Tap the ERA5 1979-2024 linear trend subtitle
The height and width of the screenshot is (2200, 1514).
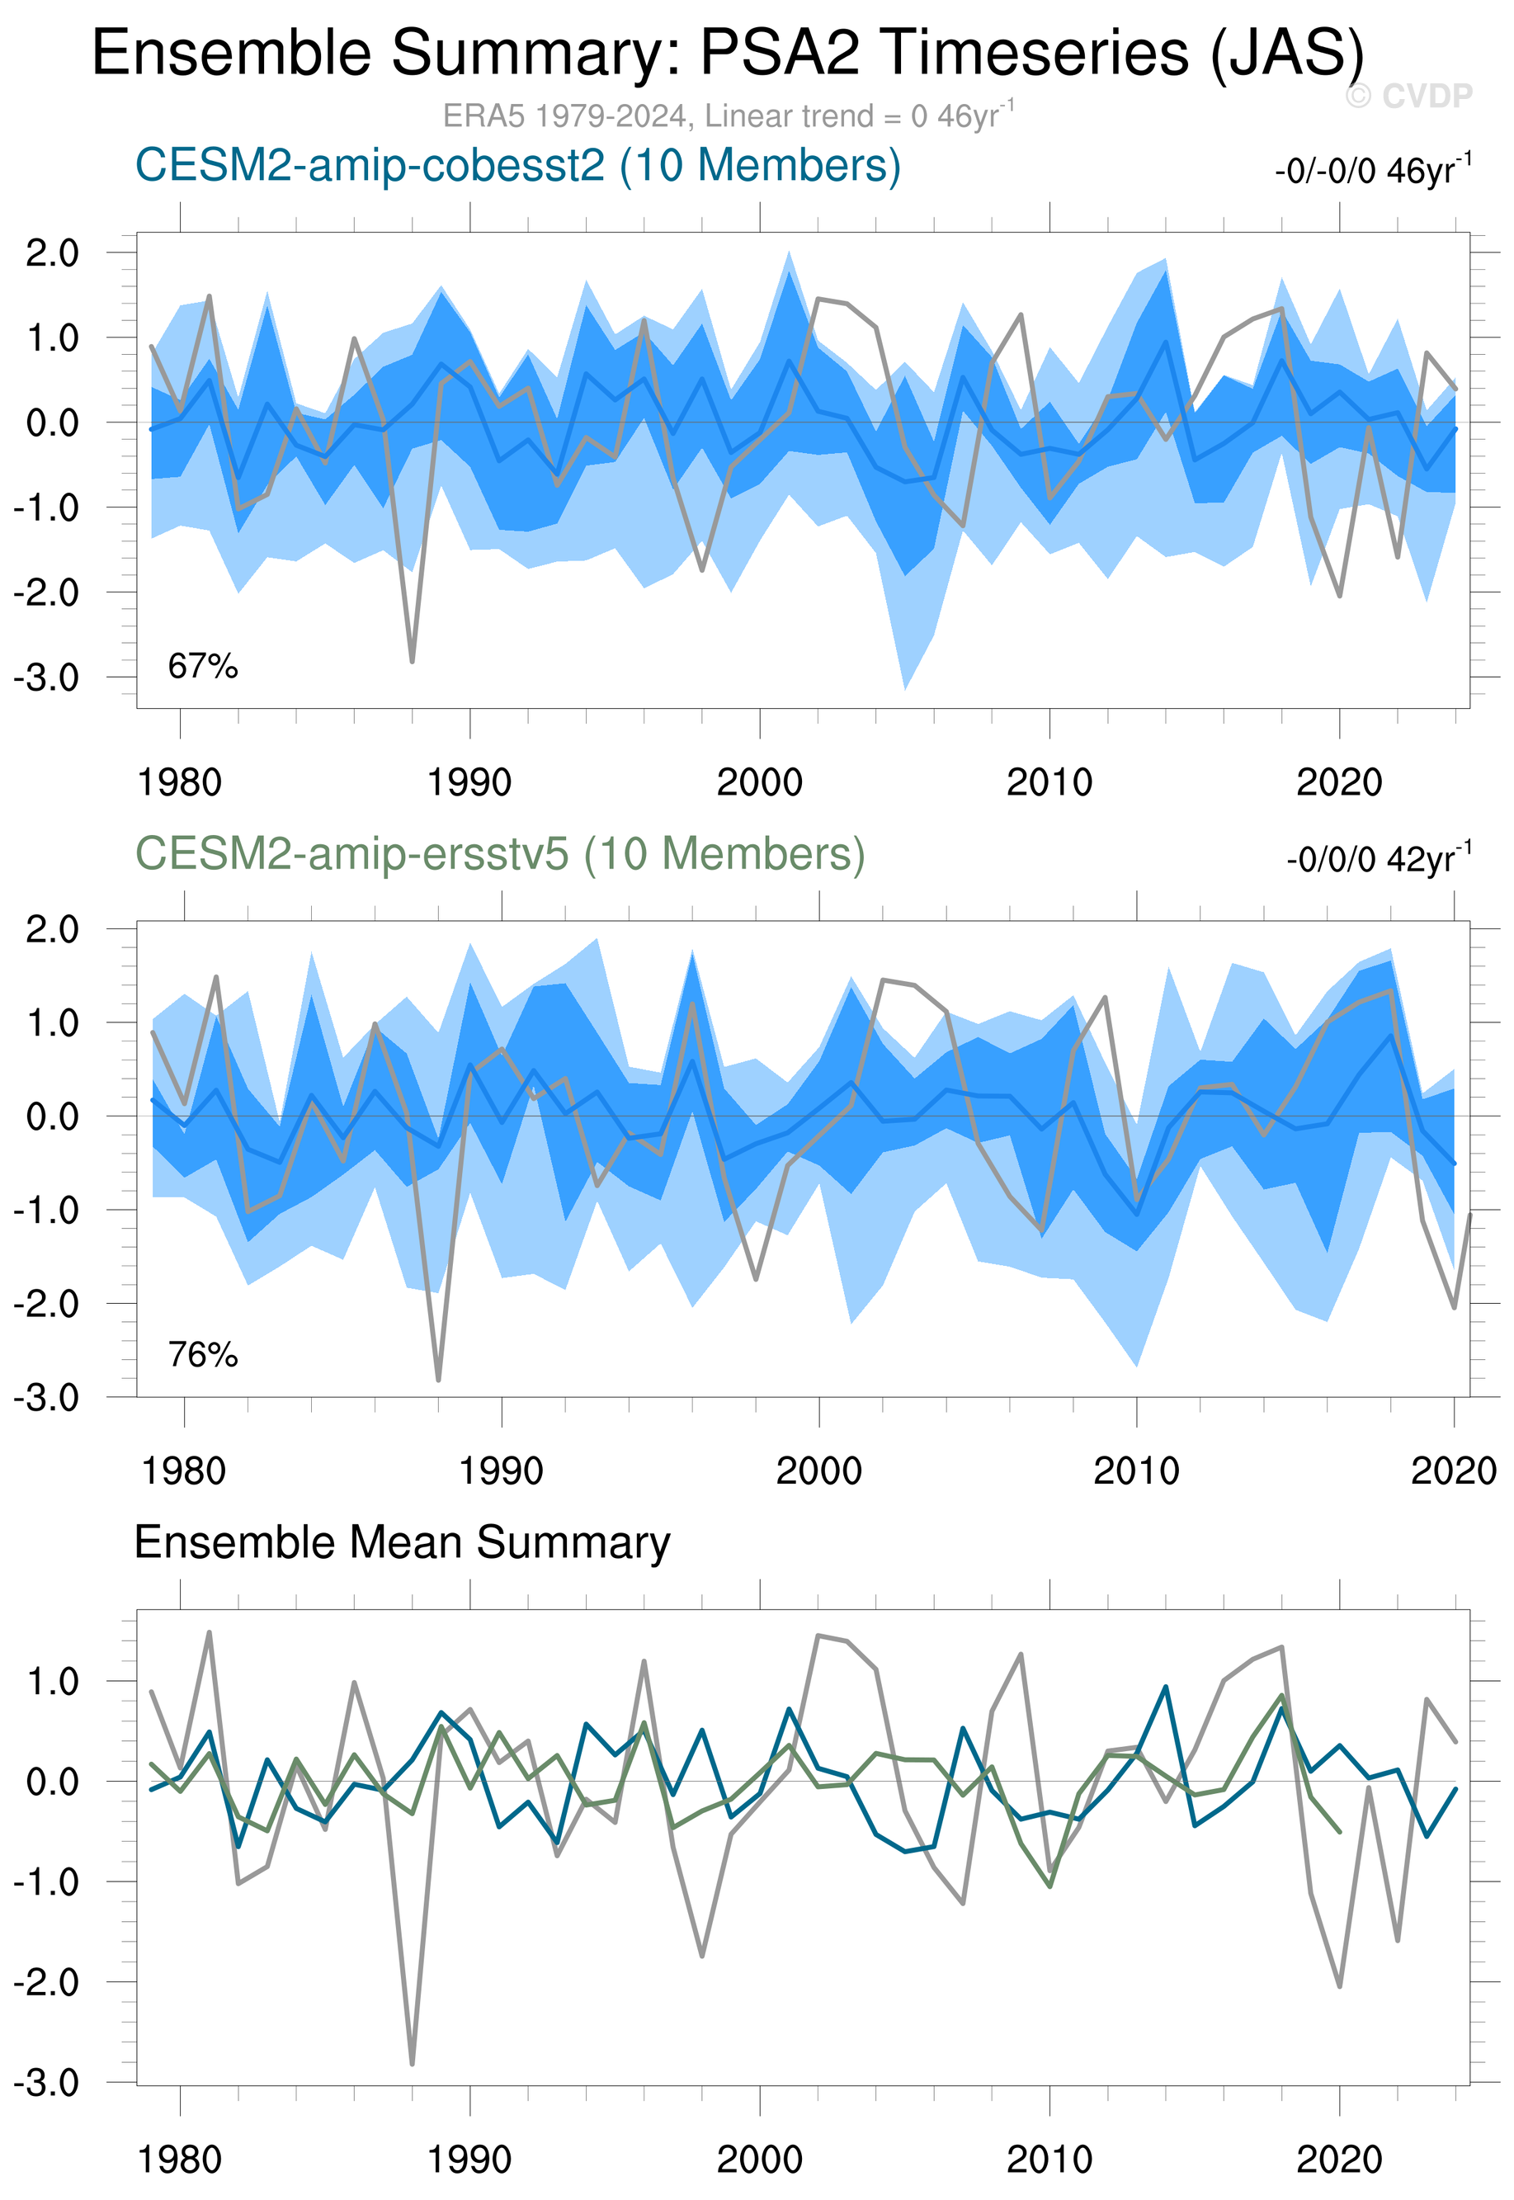(x=728, y=116)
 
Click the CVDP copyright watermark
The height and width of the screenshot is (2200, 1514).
(x=1408, y=96)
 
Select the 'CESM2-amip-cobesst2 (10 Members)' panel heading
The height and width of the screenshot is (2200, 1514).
(x=517, y=165)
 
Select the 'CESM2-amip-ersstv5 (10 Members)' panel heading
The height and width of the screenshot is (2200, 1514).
(x=500, y=854)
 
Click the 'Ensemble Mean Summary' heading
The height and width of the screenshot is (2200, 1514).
(x=402, y=1542)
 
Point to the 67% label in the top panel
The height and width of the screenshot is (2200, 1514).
(x=202, y=667)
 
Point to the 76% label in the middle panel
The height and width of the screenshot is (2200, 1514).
(x=202, y=1355)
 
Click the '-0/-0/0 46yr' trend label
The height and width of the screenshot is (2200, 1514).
(x=1373, y=171)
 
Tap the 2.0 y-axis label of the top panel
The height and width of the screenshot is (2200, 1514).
(x=52, y=253)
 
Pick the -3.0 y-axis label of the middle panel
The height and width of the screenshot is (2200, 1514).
(x=45, y=1397)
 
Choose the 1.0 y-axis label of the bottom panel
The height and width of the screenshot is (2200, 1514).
(x=52, y=1682)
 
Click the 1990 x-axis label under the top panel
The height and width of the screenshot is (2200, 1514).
(x=469, y=782)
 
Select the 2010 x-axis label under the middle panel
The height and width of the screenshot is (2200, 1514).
(x=1135, y=1471)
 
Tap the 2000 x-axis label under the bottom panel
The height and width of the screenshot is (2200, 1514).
(x=759, y=2158)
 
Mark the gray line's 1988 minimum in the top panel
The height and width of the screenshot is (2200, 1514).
(x=412, y=661)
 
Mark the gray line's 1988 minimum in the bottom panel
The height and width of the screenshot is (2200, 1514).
(x=412, y=2063)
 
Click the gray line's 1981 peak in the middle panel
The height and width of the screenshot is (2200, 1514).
(x=216, y=977)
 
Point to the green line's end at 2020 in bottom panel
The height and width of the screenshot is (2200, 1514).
(x=1338, y=1831)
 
